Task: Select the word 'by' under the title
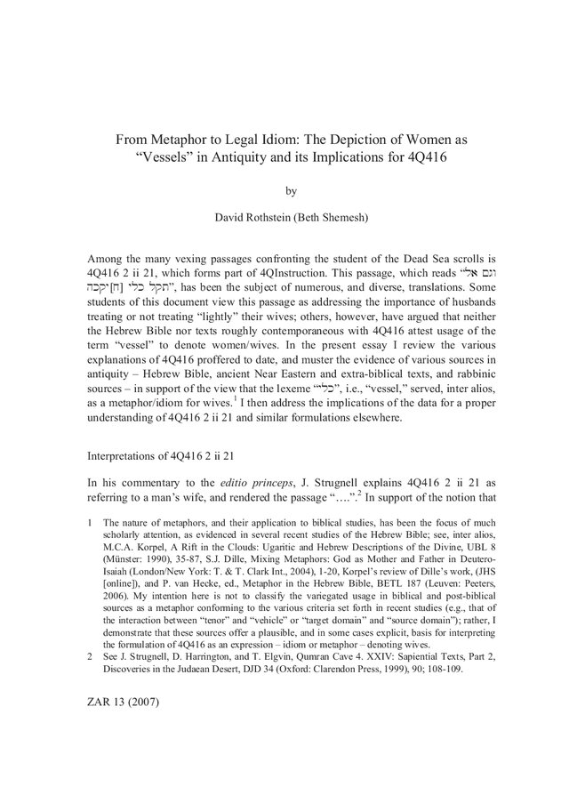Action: click(287, 189)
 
